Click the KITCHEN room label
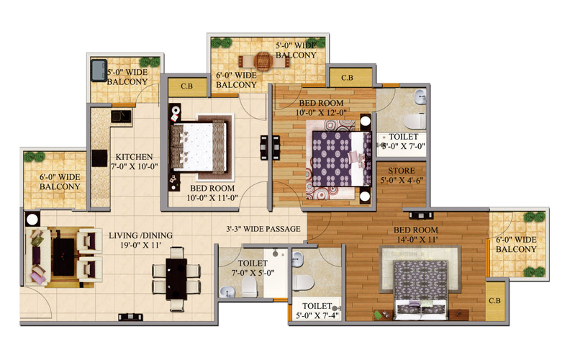pos(134,157)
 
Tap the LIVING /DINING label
pos(140,235)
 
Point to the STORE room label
pos(402,171)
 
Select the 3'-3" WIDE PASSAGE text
pos(263,229)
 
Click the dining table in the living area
pos(176,279)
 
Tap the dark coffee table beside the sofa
pos(63,257)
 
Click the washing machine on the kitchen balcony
pos(99,70)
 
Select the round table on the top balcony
pos(263,61)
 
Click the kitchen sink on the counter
pos(121,117)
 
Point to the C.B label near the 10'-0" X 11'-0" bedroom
pos(187,86)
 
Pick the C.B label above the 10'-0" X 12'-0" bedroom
pos(347,78)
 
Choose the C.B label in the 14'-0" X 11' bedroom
pos(494,301)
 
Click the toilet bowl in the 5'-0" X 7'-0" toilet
pos(415,122)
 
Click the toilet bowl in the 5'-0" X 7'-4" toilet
pos(303,282)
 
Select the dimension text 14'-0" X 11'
pos(416,240)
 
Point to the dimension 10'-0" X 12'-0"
pos(321,113)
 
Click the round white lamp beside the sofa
pos(32,220)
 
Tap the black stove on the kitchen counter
pos(99,158)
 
